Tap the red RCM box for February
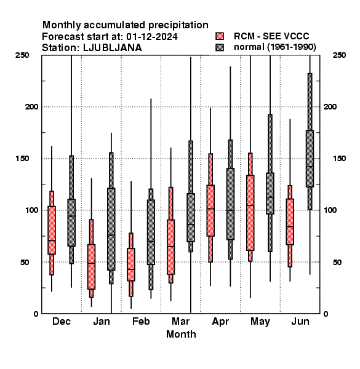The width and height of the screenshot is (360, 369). [131, 264]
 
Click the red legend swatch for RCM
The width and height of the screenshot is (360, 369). [220, 36]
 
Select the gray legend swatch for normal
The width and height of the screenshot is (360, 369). [220, 47]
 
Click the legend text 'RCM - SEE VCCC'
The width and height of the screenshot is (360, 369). [271, 36]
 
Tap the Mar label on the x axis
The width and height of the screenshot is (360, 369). [180, 321]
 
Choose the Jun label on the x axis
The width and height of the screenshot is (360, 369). [300, 321]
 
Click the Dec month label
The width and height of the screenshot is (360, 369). [62, 321]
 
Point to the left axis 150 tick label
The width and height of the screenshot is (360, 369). [22, 159]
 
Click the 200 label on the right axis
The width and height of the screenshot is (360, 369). [330, 106]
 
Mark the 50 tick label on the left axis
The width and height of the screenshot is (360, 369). [25, 262]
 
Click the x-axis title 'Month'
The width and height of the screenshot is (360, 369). [181, 334]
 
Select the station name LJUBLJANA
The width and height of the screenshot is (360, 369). [113, 48]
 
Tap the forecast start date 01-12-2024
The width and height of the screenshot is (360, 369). [152, 36]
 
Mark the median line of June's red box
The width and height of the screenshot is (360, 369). [290, 226]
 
